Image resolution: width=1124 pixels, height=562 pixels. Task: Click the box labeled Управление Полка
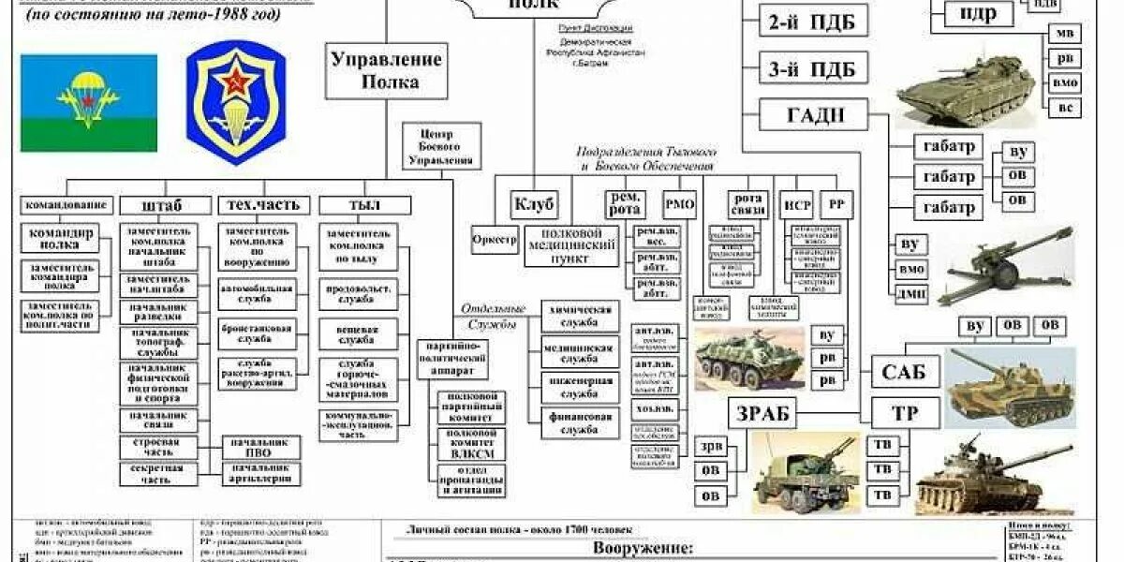pos(385,70)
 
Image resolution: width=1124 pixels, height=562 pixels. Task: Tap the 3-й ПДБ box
pos(812,68)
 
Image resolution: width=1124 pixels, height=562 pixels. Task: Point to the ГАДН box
pos(812,115)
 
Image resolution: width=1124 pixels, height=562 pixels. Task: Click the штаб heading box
pos(162,204)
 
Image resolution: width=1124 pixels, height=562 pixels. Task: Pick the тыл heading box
pos(352,204)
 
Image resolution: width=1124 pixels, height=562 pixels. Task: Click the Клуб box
pos(534,203)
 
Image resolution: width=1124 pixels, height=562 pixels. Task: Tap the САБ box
pos(904,372)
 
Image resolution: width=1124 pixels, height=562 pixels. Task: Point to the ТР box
pos(904,413)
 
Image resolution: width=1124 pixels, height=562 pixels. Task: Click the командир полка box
pos(60,239)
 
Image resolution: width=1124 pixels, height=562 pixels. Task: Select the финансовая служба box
pos(580,423)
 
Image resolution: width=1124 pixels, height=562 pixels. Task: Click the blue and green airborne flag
pos(89,103)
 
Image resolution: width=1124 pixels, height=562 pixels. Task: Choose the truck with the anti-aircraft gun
pos(804,468)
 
